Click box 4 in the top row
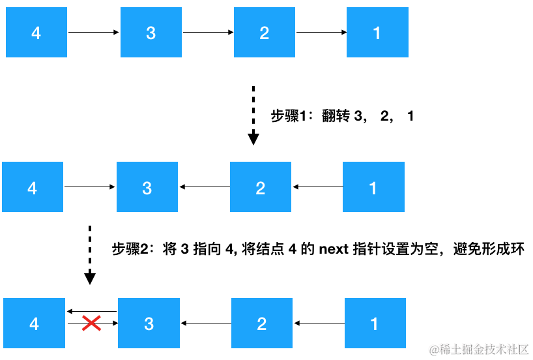point(36,33)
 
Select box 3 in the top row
point(151,33)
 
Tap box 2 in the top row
point(265,33)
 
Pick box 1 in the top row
point(377,33)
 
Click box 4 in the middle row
point(33,187)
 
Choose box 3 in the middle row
point(147,187)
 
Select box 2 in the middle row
point(261,187)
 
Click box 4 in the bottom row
point(35,323)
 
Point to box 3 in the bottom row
point(149,323)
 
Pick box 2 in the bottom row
point(262,323)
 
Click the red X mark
point(91,322)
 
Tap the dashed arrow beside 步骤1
point(253,115)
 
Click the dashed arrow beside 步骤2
point(90,254)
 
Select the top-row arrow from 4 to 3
point(94,32)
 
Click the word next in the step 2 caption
point(334,249)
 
